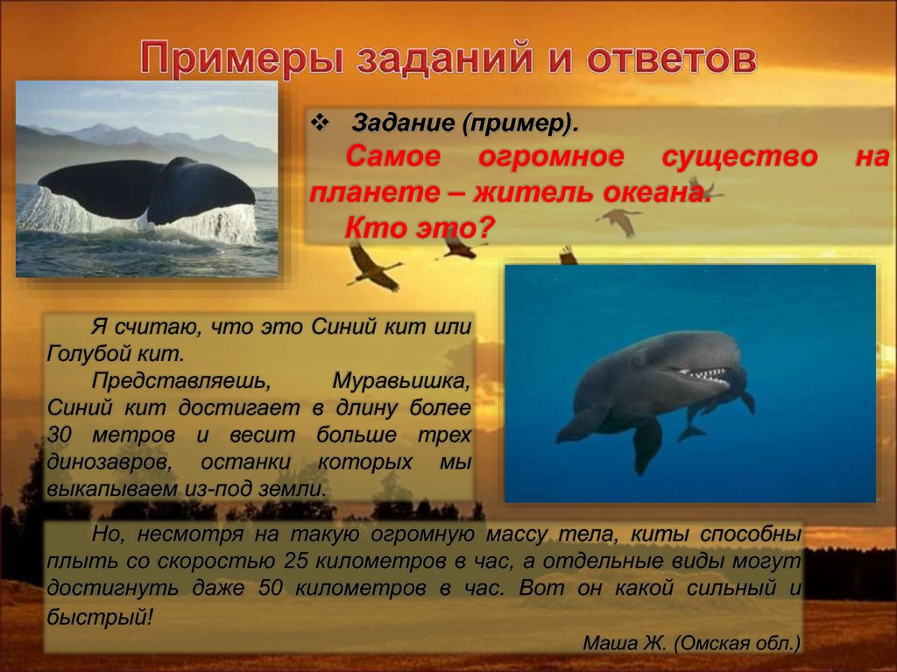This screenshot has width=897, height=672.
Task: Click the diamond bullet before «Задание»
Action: coord(320,120)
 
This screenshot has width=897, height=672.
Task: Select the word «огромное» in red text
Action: coord(551,158)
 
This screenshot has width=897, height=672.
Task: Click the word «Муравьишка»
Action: coord(402,382)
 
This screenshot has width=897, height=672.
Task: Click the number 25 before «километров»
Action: coord(299,560)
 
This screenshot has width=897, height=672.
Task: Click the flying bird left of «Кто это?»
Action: coord(372,266)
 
